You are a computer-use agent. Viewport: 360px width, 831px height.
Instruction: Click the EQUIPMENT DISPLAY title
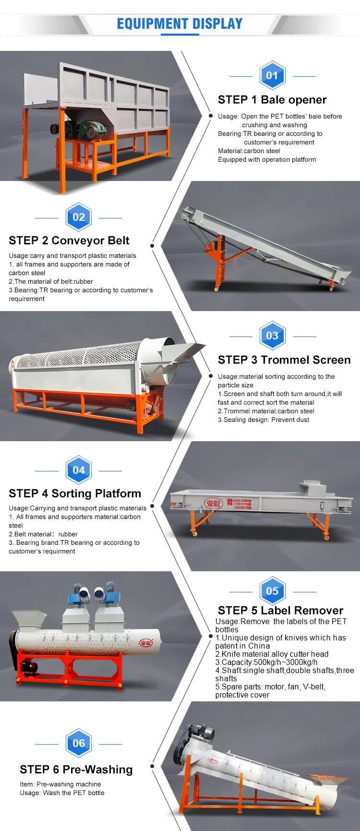[180, 24]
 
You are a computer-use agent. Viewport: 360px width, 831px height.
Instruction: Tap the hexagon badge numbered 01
[272, 75]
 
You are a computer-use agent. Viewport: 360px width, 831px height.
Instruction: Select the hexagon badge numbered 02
[79, 217]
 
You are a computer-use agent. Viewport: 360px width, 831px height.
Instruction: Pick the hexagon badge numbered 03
[272, 336]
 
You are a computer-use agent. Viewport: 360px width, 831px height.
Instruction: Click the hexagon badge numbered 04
[79, 470]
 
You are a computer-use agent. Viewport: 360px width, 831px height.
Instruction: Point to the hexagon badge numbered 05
[272, 591]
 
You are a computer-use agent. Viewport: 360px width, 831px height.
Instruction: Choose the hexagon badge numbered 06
[79, 743]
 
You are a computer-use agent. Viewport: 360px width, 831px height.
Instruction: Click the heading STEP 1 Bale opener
[272, 100]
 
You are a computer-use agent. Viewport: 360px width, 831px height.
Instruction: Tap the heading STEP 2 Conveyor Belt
[69, 241]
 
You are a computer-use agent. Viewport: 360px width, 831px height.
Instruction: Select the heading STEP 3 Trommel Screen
[284, 360]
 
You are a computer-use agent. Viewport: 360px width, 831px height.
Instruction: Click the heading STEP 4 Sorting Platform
[75, 494]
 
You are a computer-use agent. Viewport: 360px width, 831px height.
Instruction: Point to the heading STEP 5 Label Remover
[280, 611]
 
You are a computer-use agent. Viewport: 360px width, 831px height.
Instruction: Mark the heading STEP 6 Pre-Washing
[76, 770]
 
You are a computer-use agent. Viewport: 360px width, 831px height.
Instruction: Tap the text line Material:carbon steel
[249, 151]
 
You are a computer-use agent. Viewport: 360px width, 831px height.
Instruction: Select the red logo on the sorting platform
[214, 503]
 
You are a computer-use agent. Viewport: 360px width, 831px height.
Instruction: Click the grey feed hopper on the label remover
[29, 619]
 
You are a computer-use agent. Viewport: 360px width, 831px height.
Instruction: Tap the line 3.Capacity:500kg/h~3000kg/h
[266, 662]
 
